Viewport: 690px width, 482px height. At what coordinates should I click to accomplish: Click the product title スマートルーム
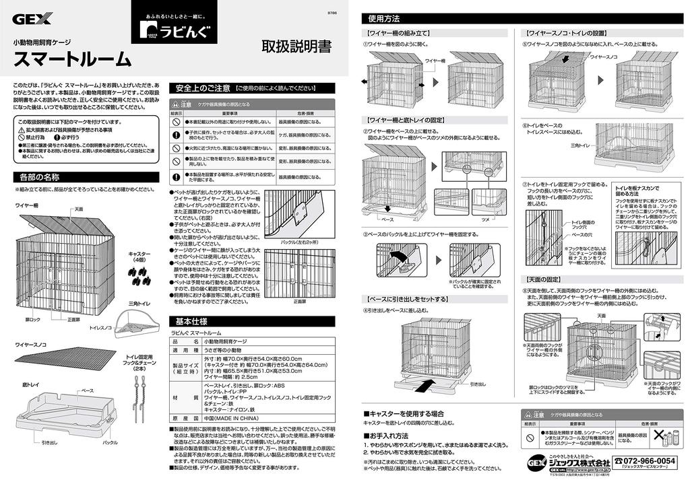click(73, 59)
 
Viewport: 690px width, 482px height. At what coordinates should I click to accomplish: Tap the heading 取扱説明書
click(296, 47)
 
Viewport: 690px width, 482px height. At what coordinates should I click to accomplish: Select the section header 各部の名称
click(38, 178)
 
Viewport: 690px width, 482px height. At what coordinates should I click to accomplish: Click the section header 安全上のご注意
click(202, 88)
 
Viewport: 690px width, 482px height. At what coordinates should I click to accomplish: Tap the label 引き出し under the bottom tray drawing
click(50, 442)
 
